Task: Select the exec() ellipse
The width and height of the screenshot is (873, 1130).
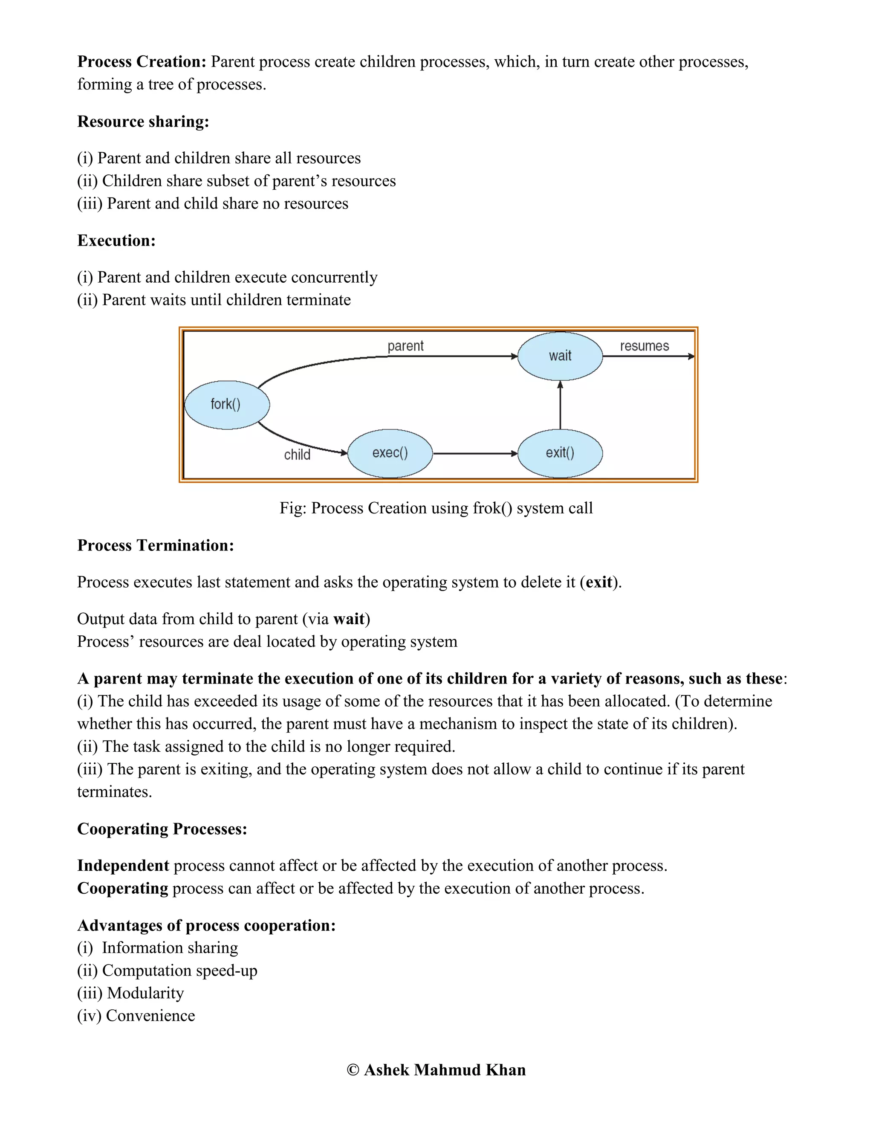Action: pos(390,453)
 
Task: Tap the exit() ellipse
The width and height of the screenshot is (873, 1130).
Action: pos(560,453)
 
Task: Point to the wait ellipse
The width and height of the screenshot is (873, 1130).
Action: pos(560,356)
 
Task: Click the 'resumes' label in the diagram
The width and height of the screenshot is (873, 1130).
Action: pos(644,346)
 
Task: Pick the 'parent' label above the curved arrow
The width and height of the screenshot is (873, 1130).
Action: pos(405,346)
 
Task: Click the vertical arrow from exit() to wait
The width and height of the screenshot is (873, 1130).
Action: pos(560,406)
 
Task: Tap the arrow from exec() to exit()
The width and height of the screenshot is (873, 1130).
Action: pos(475,454)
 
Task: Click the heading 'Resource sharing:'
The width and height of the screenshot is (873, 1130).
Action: pos(143,122)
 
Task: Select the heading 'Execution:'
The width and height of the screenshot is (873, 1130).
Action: pos(116,240)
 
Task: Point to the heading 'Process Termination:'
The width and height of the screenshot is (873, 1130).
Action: pos(156,545)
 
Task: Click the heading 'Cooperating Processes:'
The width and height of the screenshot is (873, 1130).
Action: pos(162,829)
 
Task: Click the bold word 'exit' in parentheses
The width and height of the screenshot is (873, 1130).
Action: pos(599,582)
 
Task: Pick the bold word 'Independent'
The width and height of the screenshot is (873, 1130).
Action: pos(123,866)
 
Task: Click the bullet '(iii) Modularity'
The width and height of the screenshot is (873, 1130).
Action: pos(130,993)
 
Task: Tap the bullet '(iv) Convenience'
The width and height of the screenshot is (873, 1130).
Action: pos(136,1016)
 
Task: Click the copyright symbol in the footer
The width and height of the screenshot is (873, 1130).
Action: pos(353,1070)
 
